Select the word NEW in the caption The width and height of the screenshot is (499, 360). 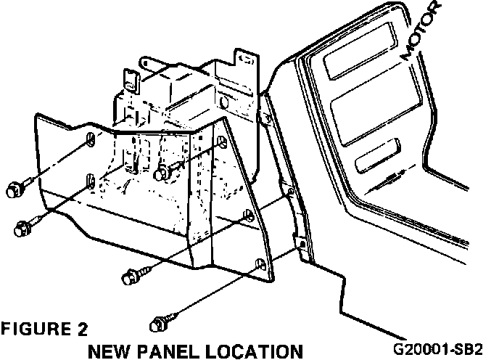pyautogui.click(x=108, y=351)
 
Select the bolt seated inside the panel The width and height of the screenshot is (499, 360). pyautogui.click(x=164, y=172)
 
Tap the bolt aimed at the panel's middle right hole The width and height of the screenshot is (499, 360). pyautogui.click(x=131, y=276)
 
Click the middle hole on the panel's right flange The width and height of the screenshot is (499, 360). pyautogui.click(x=249, y=216)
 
